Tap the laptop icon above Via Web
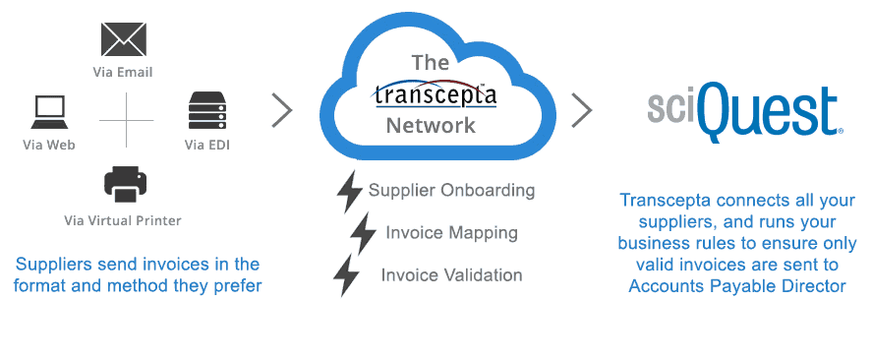click(48, 112)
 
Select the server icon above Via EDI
click(207, 112)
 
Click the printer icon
click(126, 183)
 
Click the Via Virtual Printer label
click(123, 219)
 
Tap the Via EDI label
click(206, 146)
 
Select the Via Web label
click(49, 146)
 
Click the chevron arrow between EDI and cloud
click(282, 110)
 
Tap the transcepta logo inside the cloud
click(434, 94)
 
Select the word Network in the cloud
click(431, 126)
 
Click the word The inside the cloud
click(430, 63)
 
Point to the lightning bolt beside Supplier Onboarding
click(349, 192)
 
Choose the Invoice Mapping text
click(451, 233)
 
